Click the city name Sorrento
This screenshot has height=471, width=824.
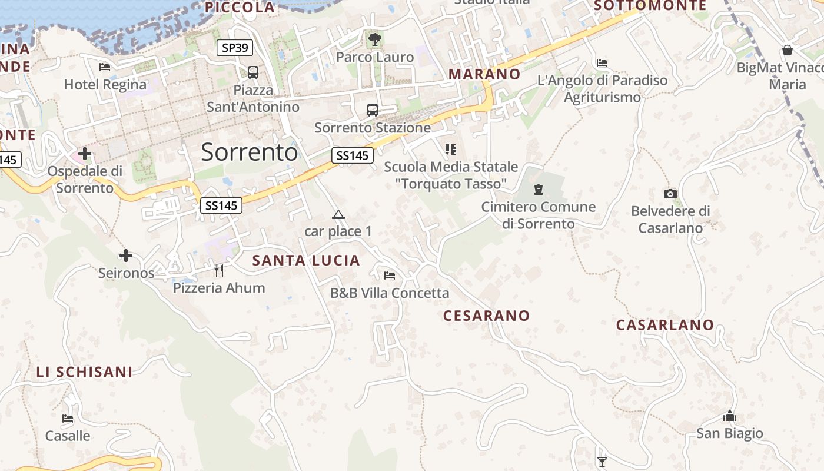[250, 152]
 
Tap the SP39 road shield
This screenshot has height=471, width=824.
[235, 48]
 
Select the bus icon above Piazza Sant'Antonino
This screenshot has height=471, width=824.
[253, 72]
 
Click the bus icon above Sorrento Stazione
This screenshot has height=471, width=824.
[373, 110]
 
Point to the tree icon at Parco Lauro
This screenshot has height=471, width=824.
[374, 39]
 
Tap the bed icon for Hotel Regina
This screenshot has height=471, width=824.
[105, 67]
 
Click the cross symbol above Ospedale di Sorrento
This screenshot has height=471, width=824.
[85, 154]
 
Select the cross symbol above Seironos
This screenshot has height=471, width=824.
[126, 256]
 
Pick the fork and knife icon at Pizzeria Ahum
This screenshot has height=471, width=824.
[219, 270]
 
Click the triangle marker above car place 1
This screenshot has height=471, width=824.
[338, 214]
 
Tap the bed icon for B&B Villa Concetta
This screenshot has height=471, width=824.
[389, 275]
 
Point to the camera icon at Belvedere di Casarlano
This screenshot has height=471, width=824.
[670, 194]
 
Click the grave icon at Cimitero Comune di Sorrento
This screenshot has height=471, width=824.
[538, 190]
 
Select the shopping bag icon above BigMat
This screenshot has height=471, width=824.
[788, 50]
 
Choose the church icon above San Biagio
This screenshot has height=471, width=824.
[730, 416]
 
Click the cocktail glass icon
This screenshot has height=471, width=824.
[602, 461]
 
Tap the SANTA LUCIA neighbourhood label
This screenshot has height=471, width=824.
[306, 260]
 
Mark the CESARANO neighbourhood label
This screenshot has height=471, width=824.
[486, 316]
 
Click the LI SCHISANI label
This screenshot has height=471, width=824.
[84, 372]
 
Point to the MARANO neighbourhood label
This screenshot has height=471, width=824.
[484, 74]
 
